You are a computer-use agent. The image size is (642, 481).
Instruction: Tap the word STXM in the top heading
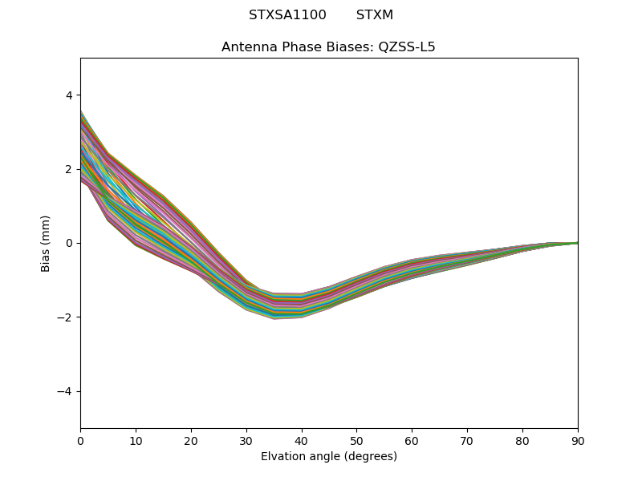tap(375, 15)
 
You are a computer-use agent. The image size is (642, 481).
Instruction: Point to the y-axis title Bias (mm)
tap(46, 243)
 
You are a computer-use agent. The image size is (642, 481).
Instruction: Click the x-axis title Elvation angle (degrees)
tap(329, 457)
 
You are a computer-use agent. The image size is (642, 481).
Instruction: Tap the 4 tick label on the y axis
tap(69, 95)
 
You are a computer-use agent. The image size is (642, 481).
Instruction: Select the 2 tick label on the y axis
tap(69, 169)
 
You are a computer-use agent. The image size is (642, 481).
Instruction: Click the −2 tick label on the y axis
tap(65, 317)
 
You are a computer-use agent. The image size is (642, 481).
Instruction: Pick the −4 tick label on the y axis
tap(65, 391)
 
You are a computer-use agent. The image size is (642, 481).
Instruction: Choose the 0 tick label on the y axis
tap(69, 243)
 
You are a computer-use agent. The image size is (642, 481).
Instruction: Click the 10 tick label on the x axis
tap(136, 440)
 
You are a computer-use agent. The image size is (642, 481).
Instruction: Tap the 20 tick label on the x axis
tap(191, 440)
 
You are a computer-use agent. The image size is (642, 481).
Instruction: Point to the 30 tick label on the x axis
tap(246, 440)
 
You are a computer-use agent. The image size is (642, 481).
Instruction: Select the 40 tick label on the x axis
tap(302, 440)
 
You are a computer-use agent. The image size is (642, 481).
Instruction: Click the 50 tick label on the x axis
tap(356, 440)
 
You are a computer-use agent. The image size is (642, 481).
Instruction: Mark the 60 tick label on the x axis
tap(412, 440)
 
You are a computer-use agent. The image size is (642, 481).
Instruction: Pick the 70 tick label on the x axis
tap(467, 440)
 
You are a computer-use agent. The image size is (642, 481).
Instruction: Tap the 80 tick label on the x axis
tap(522, 440)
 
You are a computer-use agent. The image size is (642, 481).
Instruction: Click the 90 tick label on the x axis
tap(578, 440)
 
